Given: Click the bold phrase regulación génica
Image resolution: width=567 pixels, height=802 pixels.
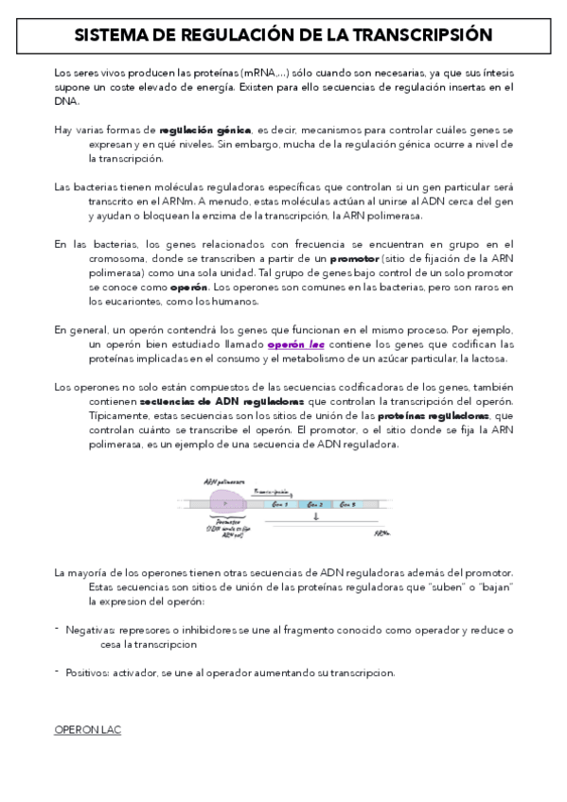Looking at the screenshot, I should [x=205, y=129].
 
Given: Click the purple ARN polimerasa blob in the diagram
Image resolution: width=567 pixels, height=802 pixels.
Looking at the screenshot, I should [x=227, y=504].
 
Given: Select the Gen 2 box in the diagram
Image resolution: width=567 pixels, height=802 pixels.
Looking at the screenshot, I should [x=315, y=505].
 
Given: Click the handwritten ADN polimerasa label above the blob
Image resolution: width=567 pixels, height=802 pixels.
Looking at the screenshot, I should [x=220, y=479].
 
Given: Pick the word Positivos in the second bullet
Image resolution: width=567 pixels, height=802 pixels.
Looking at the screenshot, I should [x=87, y=672].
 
